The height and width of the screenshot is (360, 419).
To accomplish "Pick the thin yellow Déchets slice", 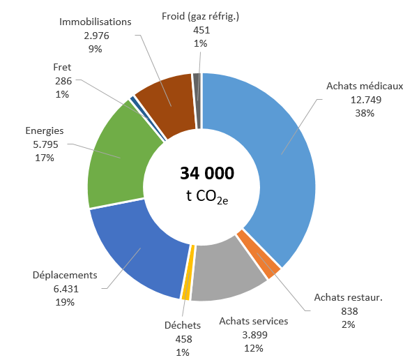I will tap(186, 276).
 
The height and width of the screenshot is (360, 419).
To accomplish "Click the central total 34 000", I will tap(207, 173).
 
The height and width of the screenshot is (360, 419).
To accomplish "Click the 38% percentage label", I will tap(364, 112).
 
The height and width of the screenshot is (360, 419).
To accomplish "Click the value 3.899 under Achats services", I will tap(254, 334).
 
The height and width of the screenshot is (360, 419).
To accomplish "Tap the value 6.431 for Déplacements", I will tap(65, 289).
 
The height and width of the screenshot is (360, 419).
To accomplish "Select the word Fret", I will tap(62, 68).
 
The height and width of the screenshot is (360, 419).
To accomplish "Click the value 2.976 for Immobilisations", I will tap(96, 36).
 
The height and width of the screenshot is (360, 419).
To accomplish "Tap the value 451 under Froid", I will tap(201, 30).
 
